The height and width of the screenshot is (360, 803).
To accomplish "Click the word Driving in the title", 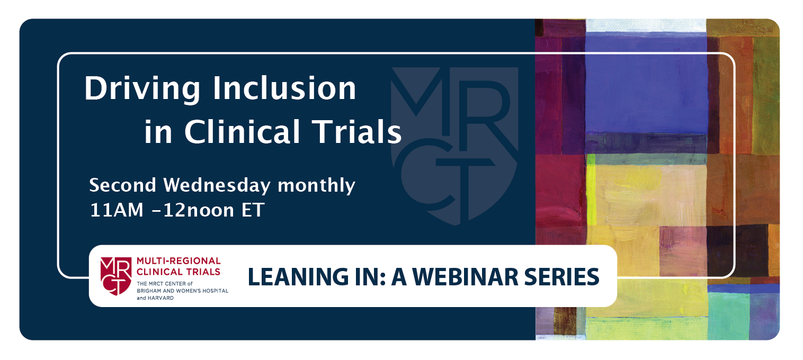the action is click(x=142, y=89).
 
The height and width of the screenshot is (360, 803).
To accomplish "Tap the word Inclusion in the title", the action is click(x=284, y=88).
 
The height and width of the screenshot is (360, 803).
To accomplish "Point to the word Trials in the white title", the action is click(x=356, y=131).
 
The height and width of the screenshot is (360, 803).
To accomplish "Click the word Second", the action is click(x=122, y=185).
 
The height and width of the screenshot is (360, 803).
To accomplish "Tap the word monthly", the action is click(x=316, y=186).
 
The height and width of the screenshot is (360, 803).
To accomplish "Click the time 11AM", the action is click(x=117, y=210).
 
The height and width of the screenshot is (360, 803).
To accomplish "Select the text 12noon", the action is click(x=199, y=210).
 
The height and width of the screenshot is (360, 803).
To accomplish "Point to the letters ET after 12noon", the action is click(x=253, y=210).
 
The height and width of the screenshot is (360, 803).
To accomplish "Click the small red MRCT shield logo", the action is click(x=116, y=276).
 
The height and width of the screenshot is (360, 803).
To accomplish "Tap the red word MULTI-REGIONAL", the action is click(x=179, y=261).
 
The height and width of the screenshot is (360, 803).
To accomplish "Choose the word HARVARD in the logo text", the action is click(x=161, y=298).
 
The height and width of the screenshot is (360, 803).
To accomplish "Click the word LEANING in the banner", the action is click(x=298, y=277).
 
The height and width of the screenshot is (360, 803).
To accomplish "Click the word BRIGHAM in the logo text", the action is click(x=147, y=291).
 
